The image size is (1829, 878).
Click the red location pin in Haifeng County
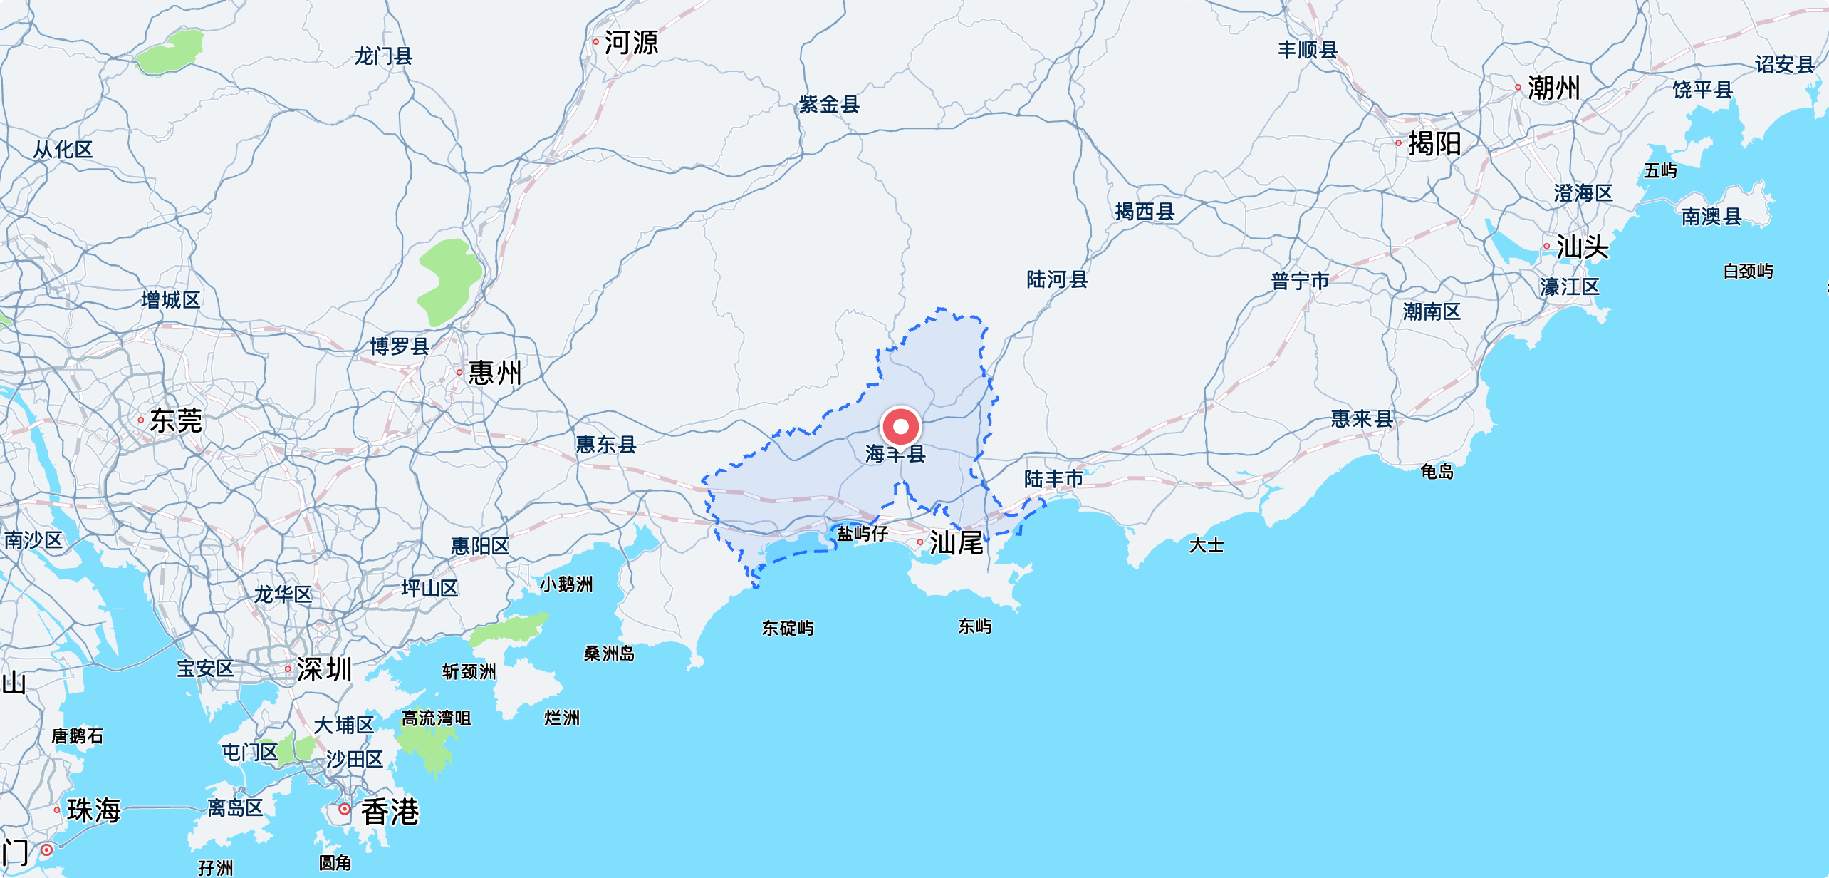coord(901,426)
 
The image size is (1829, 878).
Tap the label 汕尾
coord(956,543)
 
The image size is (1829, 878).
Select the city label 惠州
coord(495,373)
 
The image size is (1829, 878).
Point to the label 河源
coord(631,43)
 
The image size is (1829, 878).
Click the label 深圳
coord(324,669)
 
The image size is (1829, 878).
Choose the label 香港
coord(390,812)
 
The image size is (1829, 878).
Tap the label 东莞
coord(176,420)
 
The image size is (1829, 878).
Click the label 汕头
coord(1583,247)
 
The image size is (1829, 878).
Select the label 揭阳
coord(1434,144)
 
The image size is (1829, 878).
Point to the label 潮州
coord(1553,88)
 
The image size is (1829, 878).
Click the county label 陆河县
coord(1057,279)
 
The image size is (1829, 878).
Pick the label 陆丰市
coord(1054,479)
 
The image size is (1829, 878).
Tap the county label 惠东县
coord(606,445)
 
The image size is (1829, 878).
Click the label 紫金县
coord(829,105)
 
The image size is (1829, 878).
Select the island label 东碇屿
coord(788,628)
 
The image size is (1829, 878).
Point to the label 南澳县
coord(1711,216)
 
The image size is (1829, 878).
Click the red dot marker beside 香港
coord(345,809)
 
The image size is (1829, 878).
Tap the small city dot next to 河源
coord(596,42)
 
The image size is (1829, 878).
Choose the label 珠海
coord(94,810)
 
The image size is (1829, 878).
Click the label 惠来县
coord(1362,418)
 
